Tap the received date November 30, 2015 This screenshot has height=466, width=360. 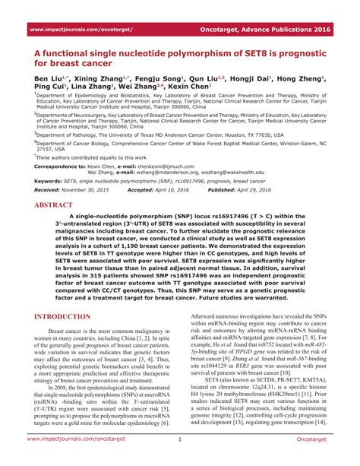pos(85,190)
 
